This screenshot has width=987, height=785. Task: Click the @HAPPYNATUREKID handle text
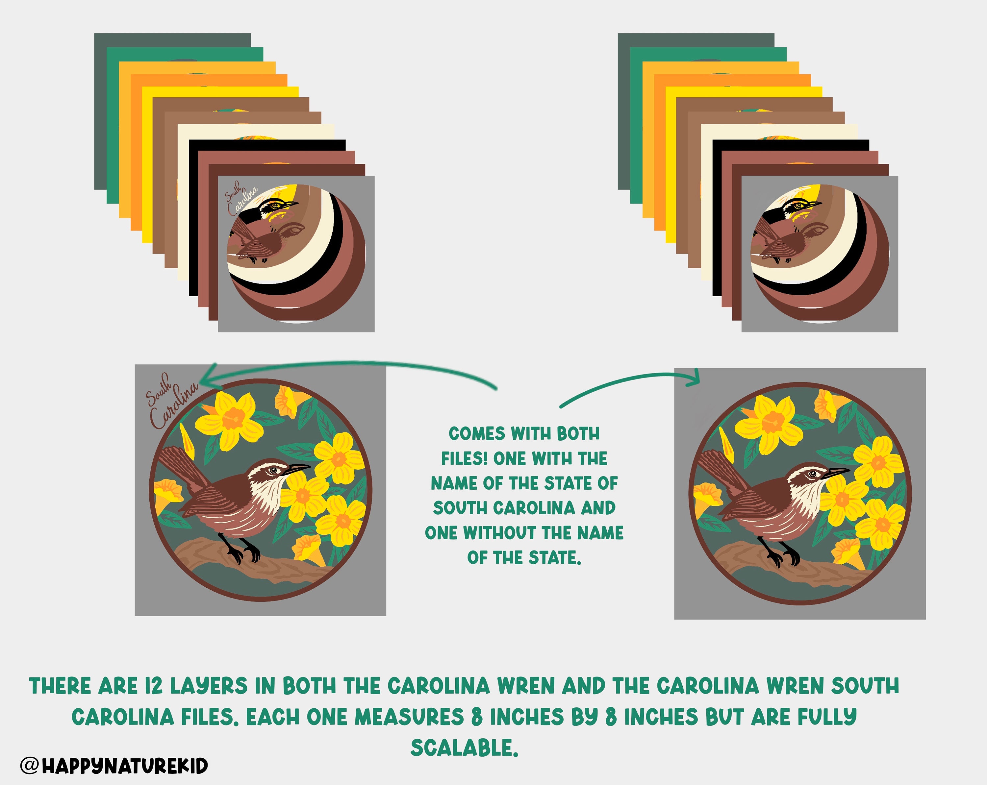point(114,765)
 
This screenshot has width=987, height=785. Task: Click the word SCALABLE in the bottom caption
point(464,748)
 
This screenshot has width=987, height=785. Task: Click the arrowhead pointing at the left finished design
point(208,378)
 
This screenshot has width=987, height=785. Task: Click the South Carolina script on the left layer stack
point(241,197)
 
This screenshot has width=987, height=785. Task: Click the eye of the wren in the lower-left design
point(274,470)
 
